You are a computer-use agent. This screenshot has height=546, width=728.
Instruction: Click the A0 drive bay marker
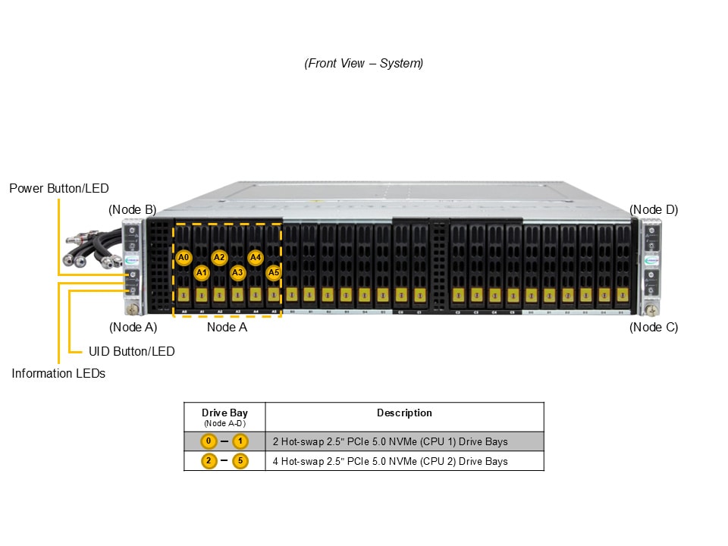[x=183, y=258]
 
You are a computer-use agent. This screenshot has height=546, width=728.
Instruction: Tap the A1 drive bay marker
[x=201, y=272]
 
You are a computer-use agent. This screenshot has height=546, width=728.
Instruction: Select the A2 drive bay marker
[x=219, y=258]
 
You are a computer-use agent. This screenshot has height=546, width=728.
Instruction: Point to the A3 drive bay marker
[x=237, y=272]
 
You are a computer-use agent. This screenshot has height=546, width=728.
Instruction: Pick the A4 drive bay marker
[x=256, y=258]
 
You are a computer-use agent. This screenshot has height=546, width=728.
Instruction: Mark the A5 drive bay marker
[x=274, y=272]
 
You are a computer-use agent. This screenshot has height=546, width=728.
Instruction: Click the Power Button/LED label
[x=59, y=188]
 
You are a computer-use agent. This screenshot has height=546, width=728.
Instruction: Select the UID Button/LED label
[x=131, y=351]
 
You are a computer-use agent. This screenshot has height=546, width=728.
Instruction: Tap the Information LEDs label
[x=58, y=373]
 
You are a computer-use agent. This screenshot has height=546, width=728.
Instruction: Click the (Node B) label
[x=133, y=209]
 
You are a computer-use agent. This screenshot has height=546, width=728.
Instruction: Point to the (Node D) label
[x=654, y=209]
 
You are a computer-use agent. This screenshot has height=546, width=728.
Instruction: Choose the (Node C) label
[x=654, y=327]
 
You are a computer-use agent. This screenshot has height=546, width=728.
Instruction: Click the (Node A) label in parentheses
[x=133, y=327]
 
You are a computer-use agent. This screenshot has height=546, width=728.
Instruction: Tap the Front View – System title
[x=364, y=64]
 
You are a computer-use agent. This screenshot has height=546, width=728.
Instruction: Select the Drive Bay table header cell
[x=224, y=416]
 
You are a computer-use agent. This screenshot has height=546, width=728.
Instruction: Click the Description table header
[x=404, y=413]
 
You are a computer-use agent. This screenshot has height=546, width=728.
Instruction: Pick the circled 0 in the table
[x=209, y=441]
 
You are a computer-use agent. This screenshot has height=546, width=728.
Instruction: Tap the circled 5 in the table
[x=240, y=460]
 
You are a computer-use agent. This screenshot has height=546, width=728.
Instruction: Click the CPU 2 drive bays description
[x=390, y=461]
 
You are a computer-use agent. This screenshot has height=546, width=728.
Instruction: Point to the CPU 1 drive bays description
[x=390, y=441]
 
